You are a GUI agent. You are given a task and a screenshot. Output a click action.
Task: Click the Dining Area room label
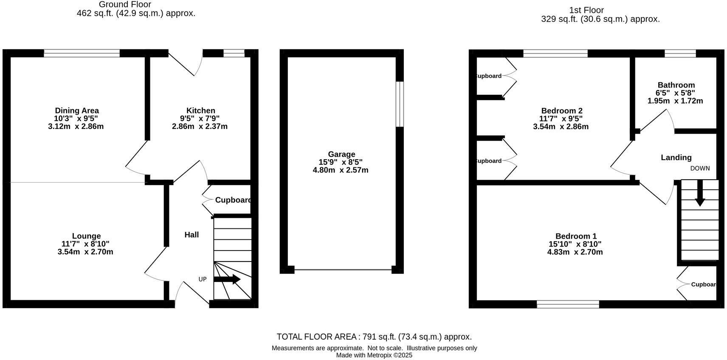click(x=76, y=111)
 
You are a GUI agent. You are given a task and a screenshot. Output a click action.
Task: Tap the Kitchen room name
click(x=200, y=111)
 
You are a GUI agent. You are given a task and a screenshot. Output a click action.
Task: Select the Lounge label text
click(x=86, y=236)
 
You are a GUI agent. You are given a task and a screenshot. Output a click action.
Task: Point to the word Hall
click(x=192, y=235)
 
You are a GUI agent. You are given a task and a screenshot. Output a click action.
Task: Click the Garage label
click(x=341, y=154)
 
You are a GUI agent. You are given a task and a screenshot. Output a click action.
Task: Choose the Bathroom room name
click(x=676, y=85)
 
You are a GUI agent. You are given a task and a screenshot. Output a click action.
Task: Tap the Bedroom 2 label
click(x=561, y=111)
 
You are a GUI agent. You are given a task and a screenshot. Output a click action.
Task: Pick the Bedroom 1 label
click(x=576, y=236)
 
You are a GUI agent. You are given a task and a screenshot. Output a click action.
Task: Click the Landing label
click(x=676, y=157)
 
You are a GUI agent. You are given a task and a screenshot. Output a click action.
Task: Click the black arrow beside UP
click(x=227, y=279)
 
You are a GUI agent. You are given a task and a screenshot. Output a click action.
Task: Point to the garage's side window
click(x=400, y=104)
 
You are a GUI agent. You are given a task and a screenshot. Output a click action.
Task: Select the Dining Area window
click(x=82, y=53)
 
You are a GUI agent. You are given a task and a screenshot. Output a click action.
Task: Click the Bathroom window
click(x=680, y=53)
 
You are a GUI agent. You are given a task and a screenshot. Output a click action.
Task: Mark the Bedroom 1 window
click(x=568, y=304)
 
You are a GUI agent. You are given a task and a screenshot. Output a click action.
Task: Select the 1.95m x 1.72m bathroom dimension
click(x=675, y=101)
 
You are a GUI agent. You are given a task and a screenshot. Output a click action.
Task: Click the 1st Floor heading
click(x=586, y=10)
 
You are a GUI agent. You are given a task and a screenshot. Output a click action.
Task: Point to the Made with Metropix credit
click(x=374, y=355)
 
